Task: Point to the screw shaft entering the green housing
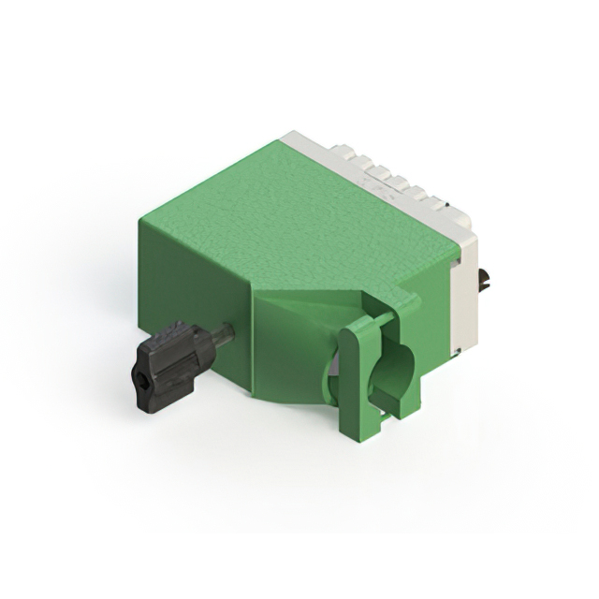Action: (224, 334)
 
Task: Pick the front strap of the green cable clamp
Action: (357, 374)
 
